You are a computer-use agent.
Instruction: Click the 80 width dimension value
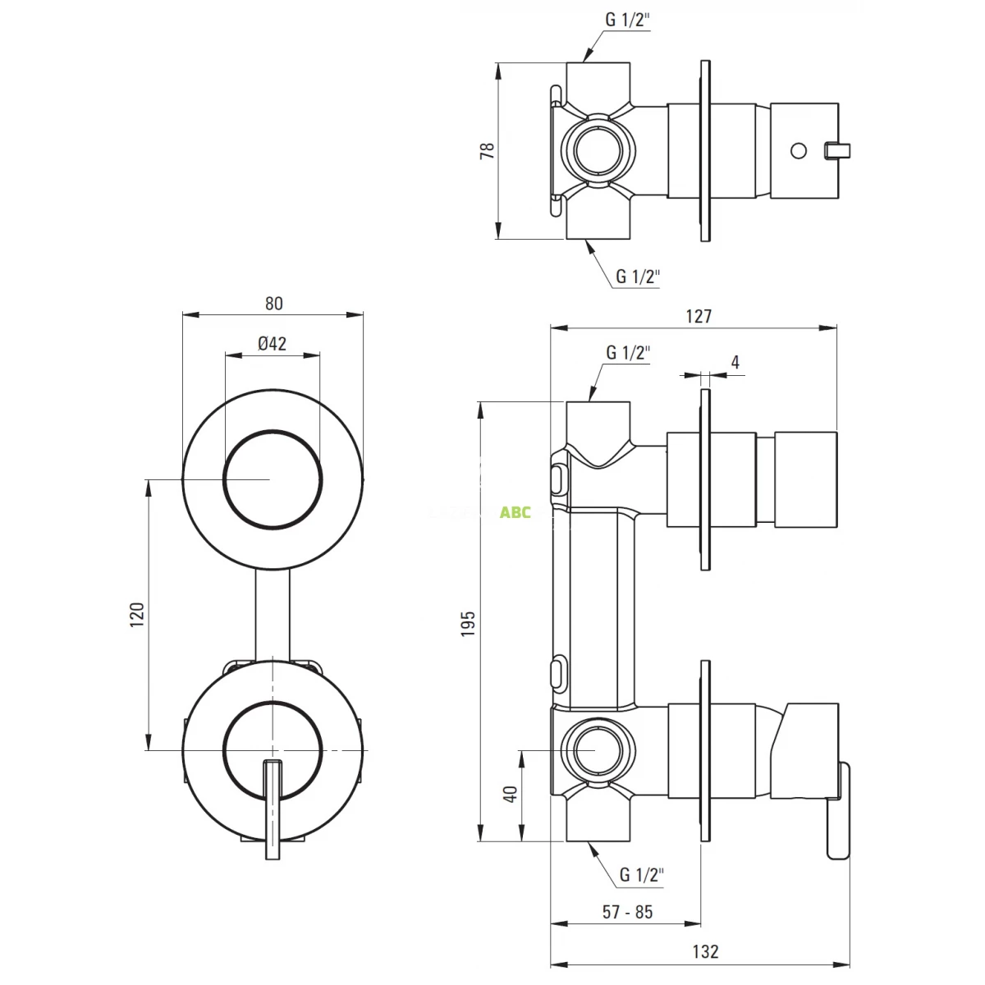273,303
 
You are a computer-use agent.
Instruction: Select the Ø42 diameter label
272,344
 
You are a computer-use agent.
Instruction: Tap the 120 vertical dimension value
136,615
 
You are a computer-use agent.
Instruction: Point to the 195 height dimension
468,623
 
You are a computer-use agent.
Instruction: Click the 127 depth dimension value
698,316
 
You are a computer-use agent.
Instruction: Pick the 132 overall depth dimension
705,951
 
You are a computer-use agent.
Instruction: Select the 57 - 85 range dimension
627,912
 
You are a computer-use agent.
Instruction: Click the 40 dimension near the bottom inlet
510,795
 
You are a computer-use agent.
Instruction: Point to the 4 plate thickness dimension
735,362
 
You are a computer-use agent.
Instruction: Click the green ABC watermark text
515,513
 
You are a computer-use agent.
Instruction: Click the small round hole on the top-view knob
797,150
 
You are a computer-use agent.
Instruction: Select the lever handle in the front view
272,809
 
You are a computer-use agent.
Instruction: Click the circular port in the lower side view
597,750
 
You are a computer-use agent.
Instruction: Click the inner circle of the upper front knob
272,479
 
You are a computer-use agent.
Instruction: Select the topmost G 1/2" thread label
628,21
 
